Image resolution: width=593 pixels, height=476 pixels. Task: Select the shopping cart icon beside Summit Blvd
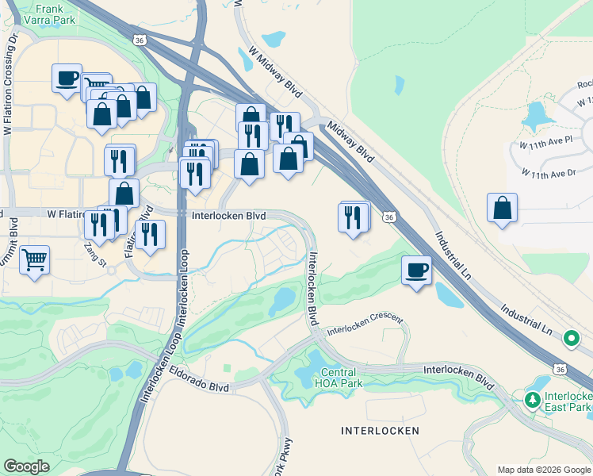point(34,259)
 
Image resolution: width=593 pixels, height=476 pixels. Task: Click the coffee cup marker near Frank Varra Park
point(67,79)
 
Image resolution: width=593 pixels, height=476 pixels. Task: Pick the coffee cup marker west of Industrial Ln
point(416,270)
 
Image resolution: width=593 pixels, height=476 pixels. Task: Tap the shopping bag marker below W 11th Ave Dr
point(503,209)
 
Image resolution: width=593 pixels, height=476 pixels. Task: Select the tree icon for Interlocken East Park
point(534,397)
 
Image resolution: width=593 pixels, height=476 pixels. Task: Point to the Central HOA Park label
point(342,378)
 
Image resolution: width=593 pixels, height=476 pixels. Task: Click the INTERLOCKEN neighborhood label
point(380,431)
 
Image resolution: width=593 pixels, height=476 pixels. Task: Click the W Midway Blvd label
point(274,71)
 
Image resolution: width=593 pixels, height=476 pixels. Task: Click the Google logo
point(26,466)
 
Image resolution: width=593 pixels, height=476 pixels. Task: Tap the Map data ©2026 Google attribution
point(544,470)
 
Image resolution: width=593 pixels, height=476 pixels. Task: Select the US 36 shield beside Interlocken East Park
point(560,370)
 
